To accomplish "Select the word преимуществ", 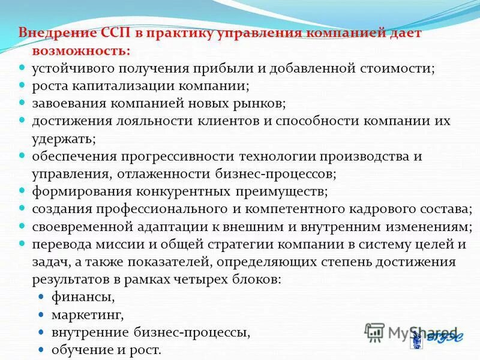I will pos(283,192).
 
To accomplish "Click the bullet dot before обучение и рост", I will pos(41,349).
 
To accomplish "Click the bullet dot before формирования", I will pos(21,191).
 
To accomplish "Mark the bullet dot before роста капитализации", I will pos(21,85).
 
